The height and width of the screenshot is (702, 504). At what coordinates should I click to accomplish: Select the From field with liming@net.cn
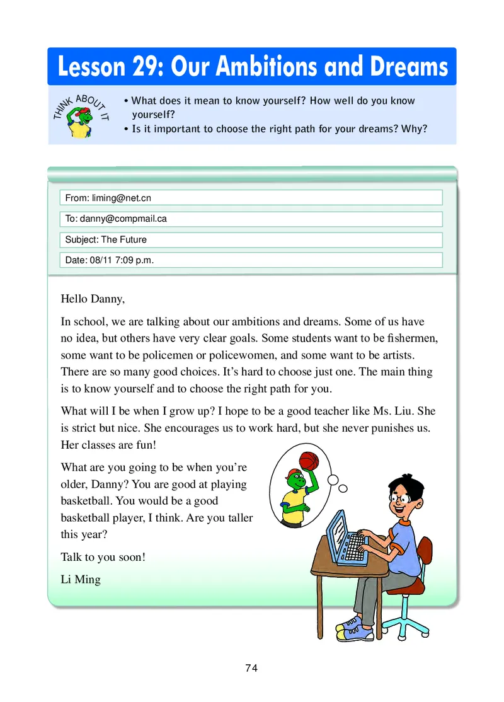coord(251,198)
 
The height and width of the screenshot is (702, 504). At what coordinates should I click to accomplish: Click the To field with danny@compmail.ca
coord(251,219)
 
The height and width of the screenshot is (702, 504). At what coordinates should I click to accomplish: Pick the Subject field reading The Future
coord(251,239)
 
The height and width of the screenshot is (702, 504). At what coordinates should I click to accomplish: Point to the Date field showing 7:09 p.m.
coord(251,260)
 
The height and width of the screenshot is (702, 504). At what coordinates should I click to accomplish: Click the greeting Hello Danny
coord(93,299)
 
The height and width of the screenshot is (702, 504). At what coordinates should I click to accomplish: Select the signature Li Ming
coord(81,579)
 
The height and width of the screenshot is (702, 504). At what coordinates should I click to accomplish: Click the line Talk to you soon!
coord(103,557)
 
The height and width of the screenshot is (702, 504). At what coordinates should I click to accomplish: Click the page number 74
coord(251,669)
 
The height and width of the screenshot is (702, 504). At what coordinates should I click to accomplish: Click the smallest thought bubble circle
coord(343,488)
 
